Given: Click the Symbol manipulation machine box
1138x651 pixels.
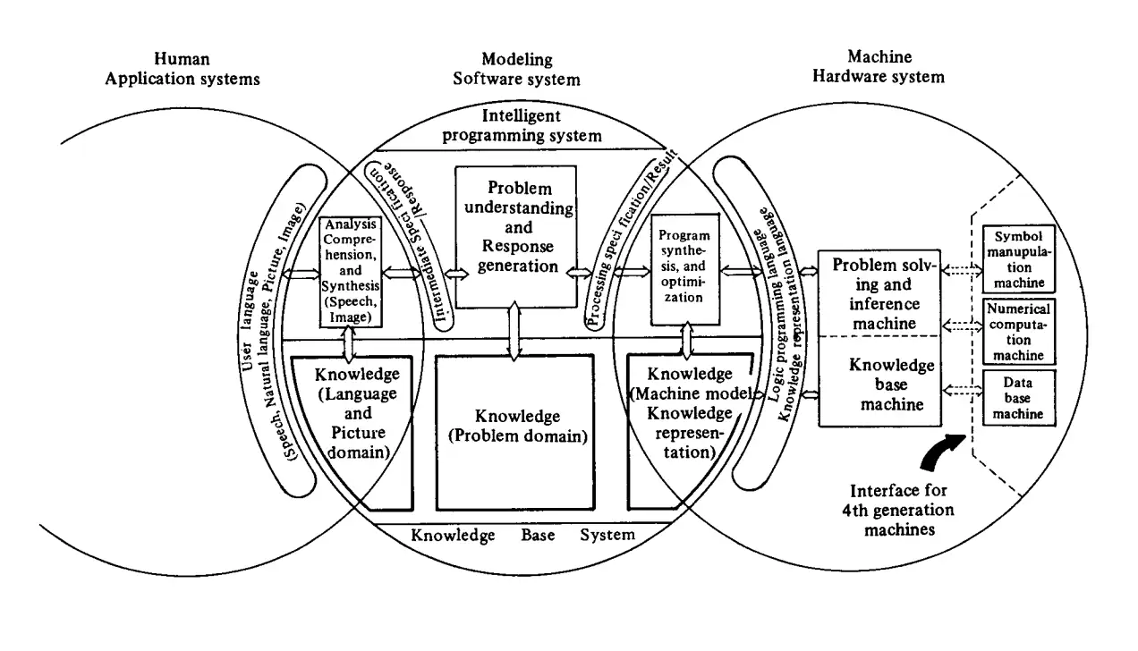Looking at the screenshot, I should [x=1019, y=259].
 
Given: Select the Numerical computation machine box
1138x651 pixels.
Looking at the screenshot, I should [x=1019, y=332].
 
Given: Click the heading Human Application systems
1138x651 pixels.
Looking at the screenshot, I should [x=182, y=69].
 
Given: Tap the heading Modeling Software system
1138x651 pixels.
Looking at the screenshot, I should [x=516, y=69].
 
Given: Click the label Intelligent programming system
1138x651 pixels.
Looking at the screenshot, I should [x=521, y=125].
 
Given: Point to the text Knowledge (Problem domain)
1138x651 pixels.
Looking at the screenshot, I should [x=518, y=427].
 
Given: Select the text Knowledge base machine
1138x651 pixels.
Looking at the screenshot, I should [x=879, y=385].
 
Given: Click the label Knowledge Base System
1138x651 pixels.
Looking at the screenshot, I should [x=522, y=537].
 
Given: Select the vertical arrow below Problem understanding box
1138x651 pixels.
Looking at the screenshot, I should [x=513, y=331].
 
